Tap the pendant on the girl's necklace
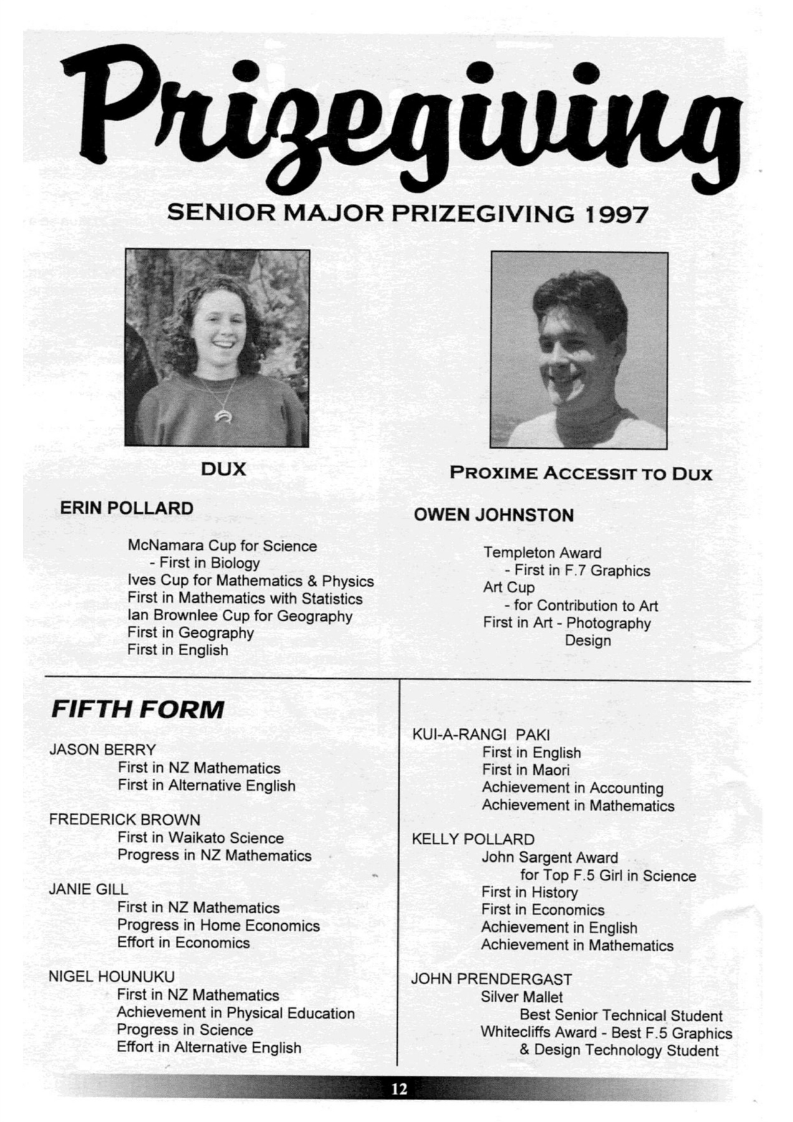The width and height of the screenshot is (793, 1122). pos(221,416)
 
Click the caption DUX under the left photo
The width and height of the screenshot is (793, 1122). pos(223,469)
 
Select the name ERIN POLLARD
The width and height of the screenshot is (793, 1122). pos(127,509)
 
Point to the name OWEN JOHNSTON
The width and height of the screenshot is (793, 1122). pos(493,515)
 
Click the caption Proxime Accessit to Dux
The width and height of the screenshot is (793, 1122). pos(580,474)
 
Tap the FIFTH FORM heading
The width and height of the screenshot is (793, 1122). pos(137,709)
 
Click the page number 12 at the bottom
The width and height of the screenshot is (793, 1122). pos(399,1088)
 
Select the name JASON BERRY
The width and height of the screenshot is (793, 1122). pos(102,750)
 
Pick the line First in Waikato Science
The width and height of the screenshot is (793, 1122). pos(200,838)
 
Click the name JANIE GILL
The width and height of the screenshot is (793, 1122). pos(89,889)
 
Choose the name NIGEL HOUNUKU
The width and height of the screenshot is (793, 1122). pos(112,977)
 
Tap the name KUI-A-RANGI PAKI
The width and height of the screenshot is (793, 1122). pos(481,735)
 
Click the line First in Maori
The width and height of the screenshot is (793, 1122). pos(526,770)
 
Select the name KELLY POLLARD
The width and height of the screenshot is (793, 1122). pos(473,840)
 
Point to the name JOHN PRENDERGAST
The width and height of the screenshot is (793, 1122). pos(491,979)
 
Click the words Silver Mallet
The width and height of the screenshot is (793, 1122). pos(521,997)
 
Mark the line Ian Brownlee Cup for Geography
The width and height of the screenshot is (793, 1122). pos(239,616)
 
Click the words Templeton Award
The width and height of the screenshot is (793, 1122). pos(542,553)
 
